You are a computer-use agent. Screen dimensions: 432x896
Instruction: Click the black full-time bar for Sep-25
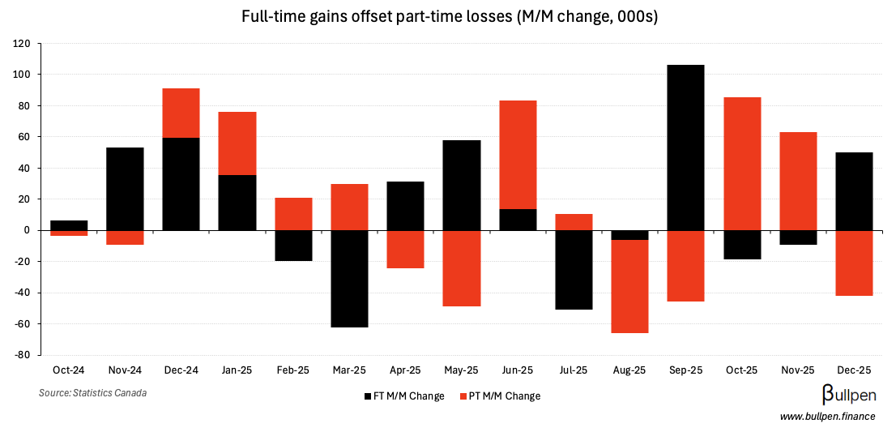point(685,148)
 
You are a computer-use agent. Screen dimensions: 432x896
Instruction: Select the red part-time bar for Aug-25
point(629,286)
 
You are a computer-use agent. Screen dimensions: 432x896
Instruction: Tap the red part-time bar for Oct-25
point(742,164)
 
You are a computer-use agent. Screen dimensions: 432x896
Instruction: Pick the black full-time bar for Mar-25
point(350,278)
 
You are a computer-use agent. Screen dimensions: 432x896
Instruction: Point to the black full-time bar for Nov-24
point(125,189)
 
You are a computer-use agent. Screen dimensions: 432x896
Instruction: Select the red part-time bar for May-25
point(462,268)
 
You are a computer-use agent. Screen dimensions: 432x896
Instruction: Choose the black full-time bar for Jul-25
point(574,270)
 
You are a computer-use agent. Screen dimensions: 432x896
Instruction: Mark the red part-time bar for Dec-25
point(854,263)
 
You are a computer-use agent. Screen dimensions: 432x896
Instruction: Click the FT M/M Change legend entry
point(404,396)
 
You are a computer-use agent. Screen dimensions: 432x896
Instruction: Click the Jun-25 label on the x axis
point(517,370)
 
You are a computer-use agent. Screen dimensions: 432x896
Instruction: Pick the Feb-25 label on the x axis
point(293,370)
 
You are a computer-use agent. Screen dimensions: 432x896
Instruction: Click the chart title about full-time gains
point(449,17)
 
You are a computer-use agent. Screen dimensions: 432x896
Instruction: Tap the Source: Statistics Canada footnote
point(92,393)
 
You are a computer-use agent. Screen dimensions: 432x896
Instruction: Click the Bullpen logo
point(851,395)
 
